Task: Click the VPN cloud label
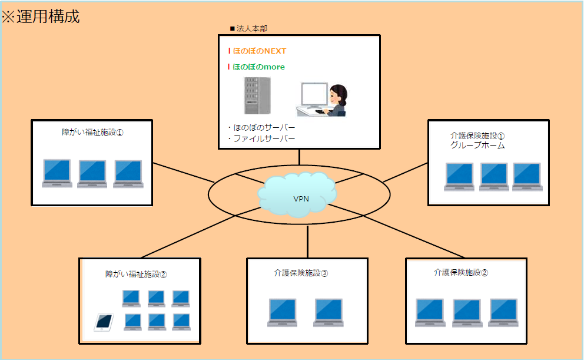tap(301, 199)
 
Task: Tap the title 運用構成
tap(48, 16)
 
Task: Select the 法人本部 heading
tap(252, 29)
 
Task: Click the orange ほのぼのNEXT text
tap(259, 51)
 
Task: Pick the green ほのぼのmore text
tap(258, 67)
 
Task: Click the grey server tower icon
tap(257, 96)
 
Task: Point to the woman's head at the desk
tap(338, 95)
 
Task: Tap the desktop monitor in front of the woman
tap(314, 95)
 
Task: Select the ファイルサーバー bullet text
tap(264, 139)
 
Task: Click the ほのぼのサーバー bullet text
tap(264, 128)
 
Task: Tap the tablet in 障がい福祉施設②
tap(104, 322)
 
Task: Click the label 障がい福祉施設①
tap(92, 133)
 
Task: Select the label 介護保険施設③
tap(301, 273)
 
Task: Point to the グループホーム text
tap(477, 146)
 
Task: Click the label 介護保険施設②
tap(461, 273)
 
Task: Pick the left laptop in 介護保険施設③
tap(283, 313)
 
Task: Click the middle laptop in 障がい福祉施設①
tap(92, 174)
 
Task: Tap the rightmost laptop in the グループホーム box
tap(527, 177)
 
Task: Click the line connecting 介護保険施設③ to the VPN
tap(308, 242)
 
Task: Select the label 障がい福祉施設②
tap(136, 275)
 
